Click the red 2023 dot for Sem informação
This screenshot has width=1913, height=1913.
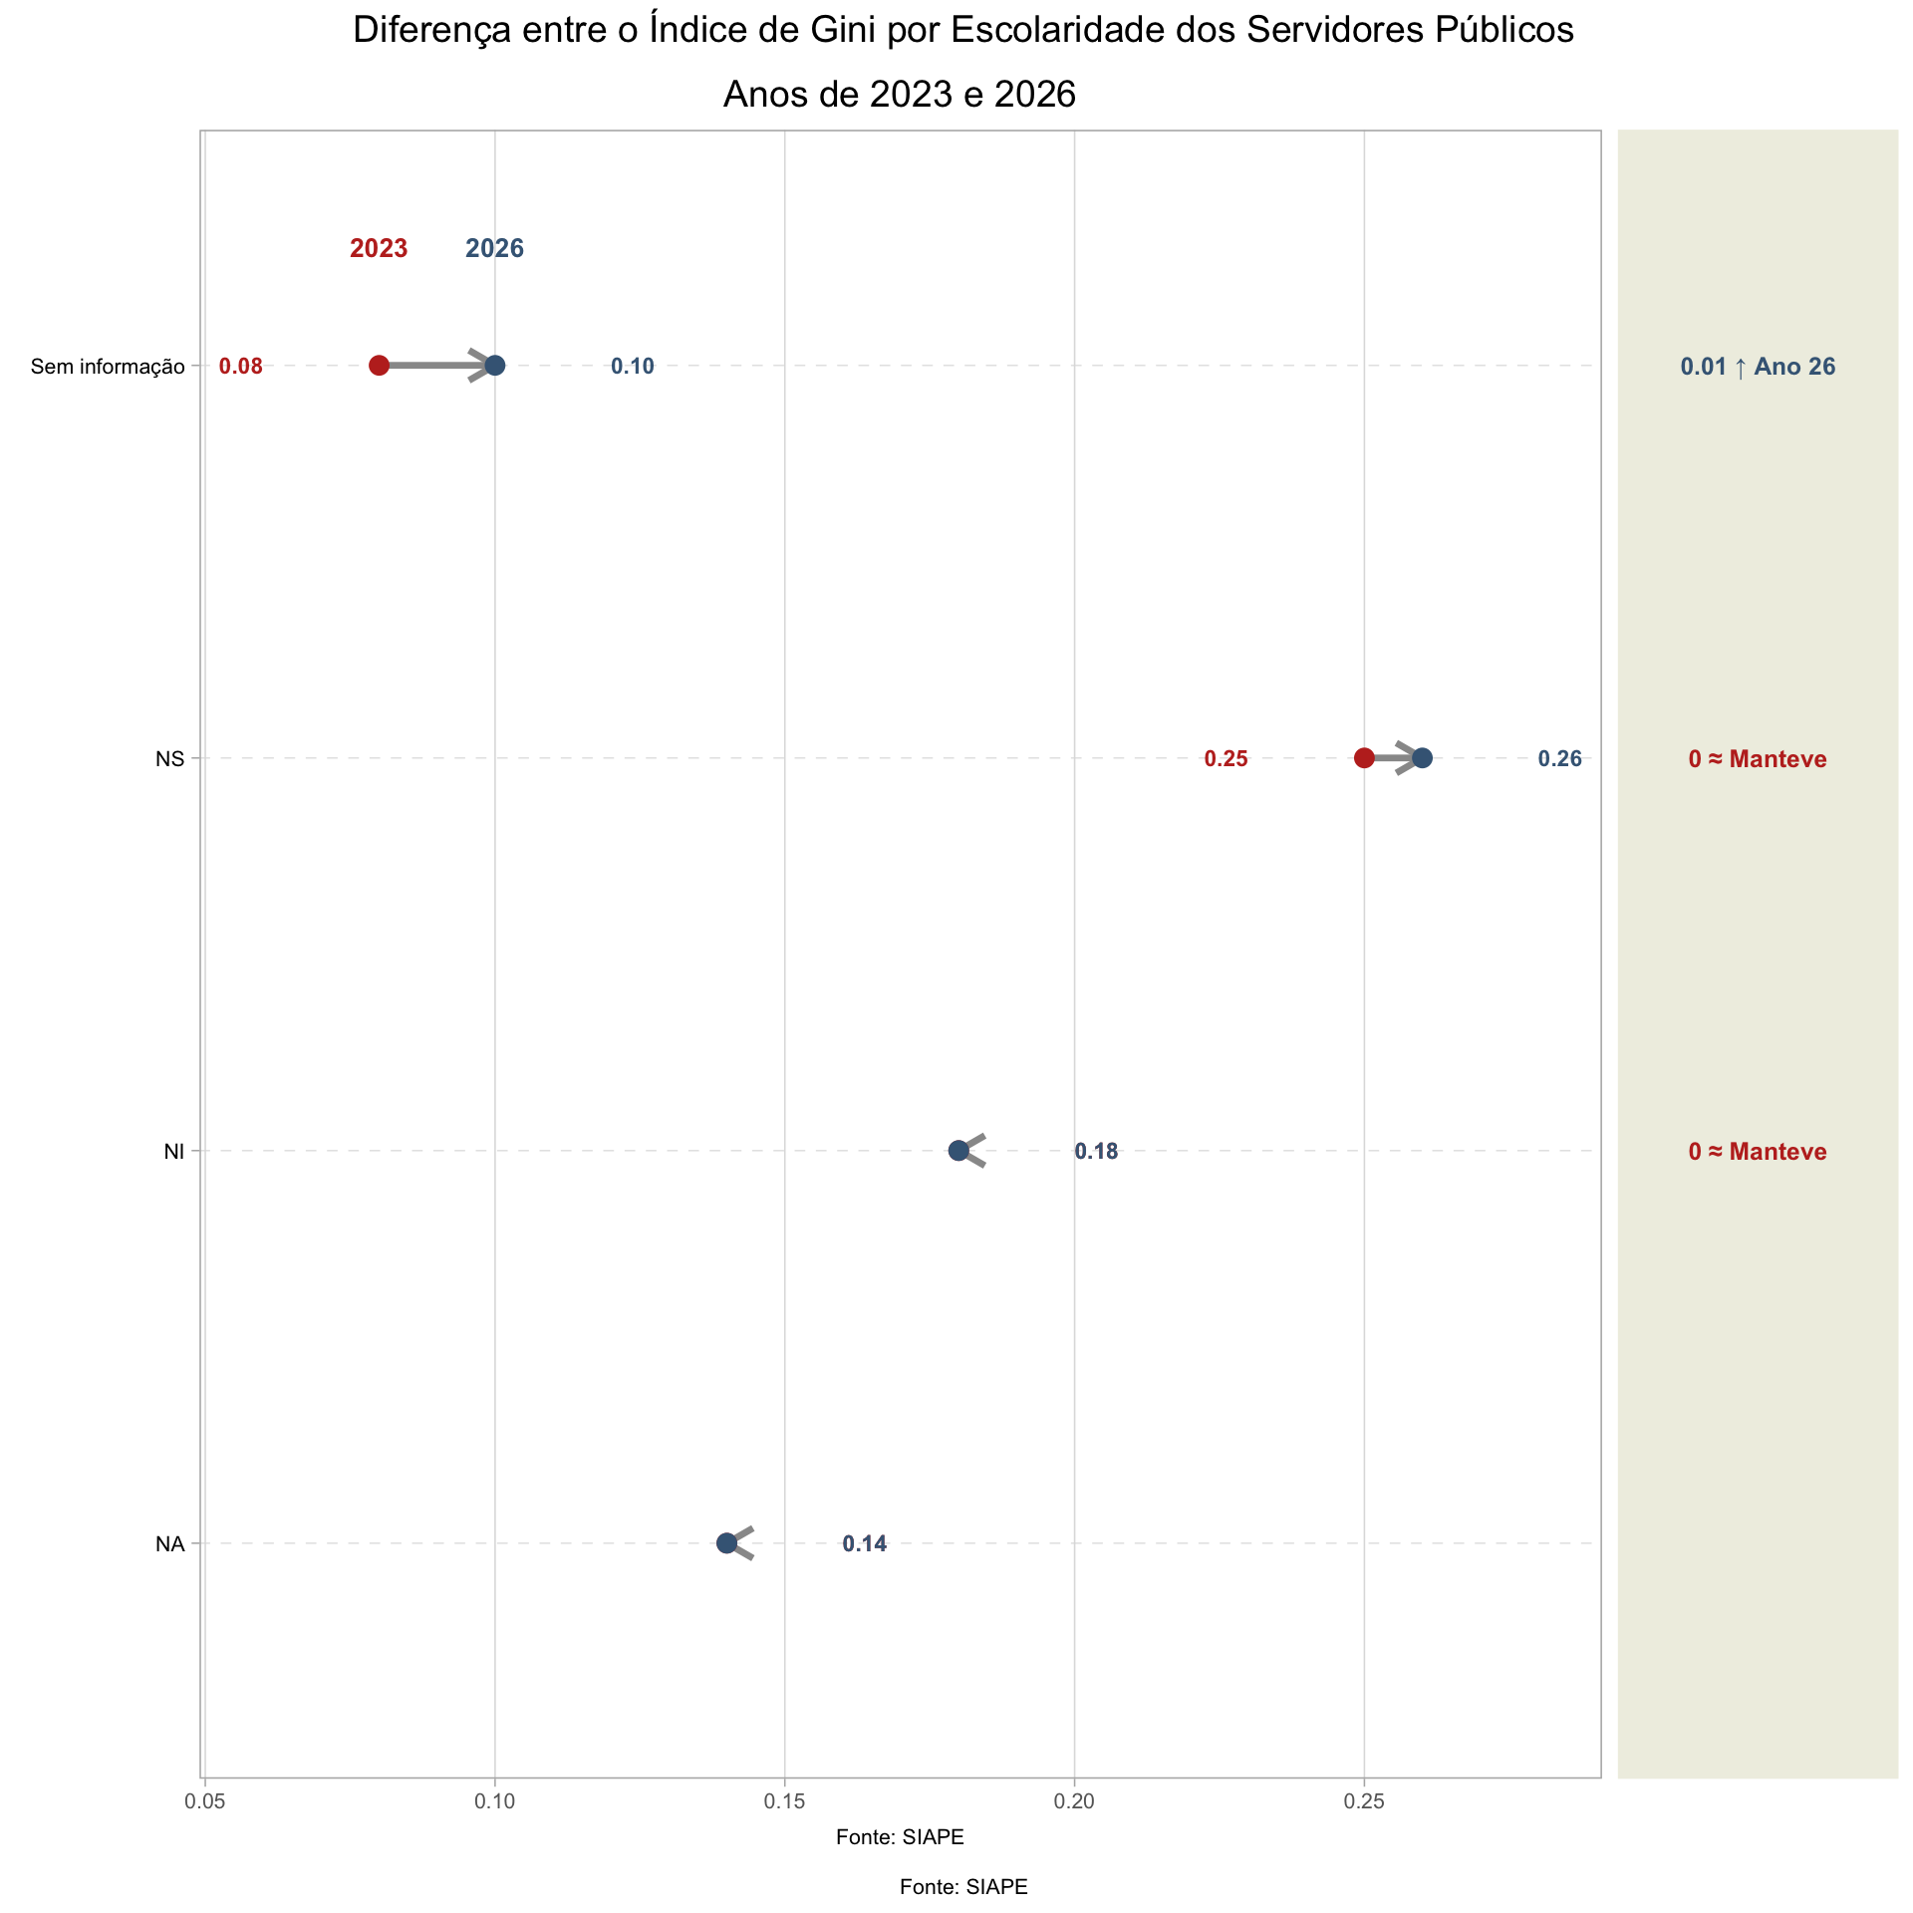[x=379, y=366]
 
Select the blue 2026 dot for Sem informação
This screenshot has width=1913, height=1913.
[x=495, y=366]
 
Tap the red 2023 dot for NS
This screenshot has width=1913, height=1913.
[x=1364, y=758]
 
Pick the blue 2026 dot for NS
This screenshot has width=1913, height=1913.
[x=1422, y=758]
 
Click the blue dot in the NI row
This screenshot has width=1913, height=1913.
[x=958, y=1151]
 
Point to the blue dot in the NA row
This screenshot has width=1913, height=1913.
[x=726, y=1543]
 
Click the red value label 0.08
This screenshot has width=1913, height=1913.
[x=241, y=367]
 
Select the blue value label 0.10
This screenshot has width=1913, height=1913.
[x=633, y=367]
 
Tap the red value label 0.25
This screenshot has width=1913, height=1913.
[x=1226, y=759]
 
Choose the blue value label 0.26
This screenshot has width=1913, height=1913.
[x=1559, y=759]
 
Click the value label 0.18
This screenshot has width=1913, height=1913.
[x=1096, y=1152]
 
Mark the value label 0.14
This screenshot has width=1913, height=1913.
[x=864, y=1544]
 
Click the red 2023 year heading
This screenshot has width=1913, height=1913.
[x=379, y=249]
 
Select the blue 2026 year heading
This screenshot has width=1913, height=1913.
[x=495, y=249]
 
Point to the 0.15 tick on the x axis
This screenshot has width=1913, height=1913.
[x=784, y=1801]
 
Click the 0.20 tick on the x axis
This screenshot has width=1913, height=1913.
[x=1074, y=1801]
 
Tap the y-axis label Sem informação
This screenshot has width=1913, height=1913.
[x=108, y=367]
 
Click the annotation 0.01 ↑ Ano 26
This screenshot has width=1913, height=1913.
[x=1758, y=367]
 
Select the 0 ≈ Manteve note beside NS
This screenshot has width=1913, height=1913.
[x=1758, y=759]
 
